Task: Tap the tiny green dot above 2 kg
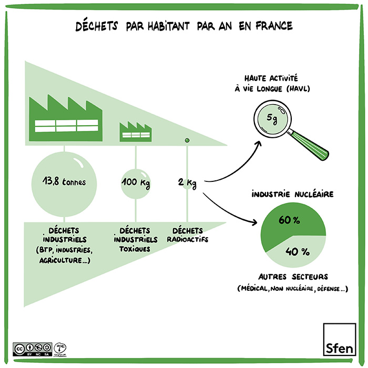(186, 140)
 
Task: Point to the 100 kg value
(136, 182)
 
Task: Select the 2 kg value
(187, 183)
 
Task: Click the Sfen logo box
(339, 340)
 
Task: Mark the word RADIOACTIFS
(187, 240)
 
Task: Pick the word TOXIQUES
(135, 249)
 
